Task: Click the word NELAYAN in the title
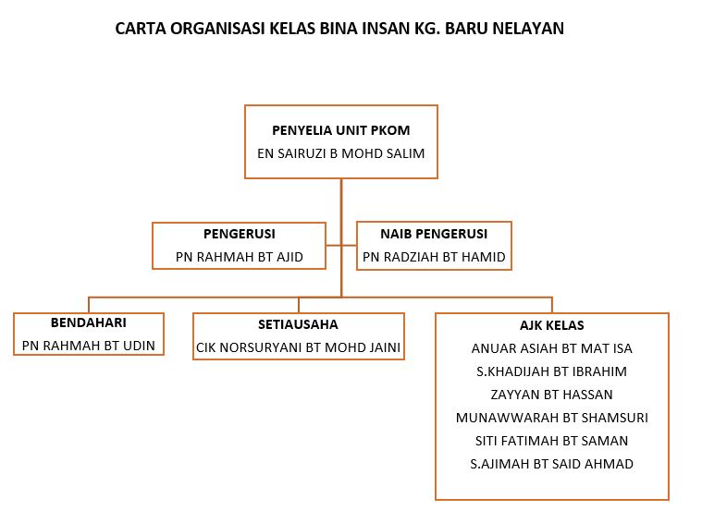[x=528, y=29]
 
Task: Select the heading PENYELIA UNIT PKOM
[x=340, y=130]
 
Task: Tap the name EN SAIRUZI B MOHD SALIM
[x=340, y=153]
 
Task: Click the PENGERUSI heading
[x=239, y=234]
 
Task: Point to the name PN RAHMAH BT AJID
[x=239, y=257]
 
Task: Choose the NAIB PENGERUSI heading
[x=434, y=234]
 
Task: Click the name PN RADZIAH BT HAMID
[x=434, y=257]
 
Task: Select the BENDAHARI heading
[x=89, y=322]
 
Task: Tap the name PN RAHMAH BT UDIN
[x=89, y=346]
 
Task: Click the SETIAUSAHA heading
[x=298, y=324]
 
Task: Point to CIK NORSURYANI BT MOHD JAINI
[x=298, y=347]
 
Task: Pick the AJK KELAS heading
[x=551, y=325]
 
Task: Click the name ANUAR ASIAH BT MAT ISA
[x=551, y=348]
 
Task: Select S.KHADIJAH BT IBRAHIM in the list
[x=551, y=371]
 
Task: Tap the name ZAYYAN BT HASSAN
[x=551, y=395]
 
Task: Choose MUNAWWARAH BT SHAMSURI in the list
[x=551, y=418]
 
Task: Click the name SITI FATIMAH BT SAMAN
[x=551, y=441]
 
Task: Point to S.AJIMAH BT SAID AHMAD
[x=551, y=464]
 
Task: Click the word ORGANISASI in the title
[x=218, y=29]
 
